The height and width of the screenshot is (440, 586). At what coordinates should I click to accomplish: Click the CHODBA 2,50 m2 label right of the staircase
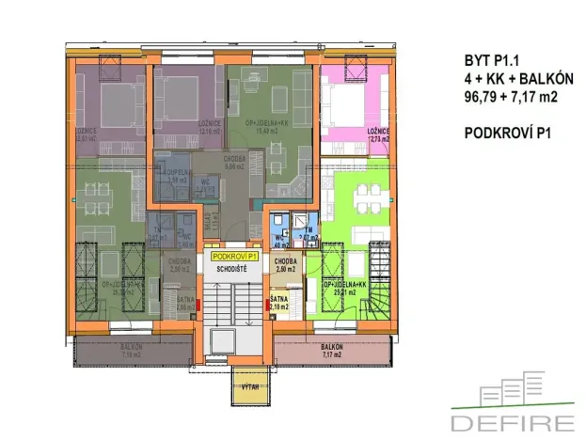(x=285, y=266)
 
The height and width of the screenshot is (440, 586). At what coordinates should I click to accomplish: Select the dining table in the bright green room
(x=366, y=199)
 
